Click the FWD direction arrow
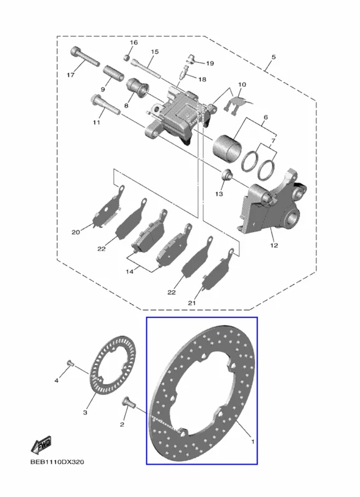40,445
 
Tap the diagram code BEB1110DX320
57,462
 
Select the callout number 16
134,42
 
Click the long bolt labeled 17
85,57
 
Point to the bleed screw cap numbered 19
192,58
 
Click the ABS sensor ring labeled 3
113,364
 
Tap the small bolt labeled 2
128,402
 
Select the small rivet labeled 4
70,363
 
